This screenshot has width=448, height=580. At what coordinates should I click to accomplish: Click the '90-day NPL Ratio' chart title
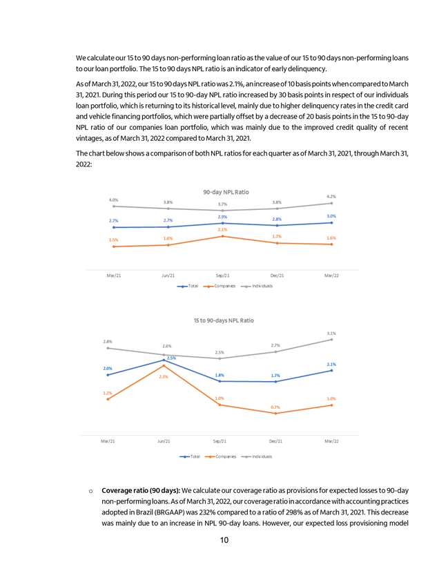[226, 191]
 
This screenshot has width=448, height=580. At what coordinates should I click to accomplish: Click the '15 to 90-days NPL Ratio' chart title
[224, 320]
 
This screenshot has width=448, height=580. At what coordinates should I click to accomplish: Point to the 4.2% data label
[332, 196]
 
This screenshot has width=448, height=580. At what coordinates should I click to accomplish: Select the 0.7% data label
[275, 407]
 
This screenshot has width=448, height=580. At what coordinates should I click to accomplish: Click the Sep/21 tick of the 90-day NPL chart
[222, 275]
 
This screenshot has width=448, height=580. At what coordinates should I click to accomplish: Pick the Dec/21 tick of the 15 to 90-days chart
[275, 441]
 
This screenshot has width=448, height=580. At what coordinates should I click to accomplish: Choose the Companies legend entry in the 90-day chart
[226, 285]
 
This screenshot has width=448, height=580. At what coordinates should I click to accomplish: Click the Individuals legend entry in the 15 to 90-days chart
[262, 456]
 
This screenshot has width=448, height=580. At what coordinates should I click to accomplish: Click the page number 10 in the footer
[224, 539]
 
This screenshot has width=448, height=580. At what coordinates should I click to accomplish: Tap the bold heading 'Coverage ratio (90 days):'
[141, 491]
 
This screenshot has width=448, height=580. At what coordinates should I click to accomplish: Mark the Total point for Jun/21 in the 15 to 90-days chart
[164, 360]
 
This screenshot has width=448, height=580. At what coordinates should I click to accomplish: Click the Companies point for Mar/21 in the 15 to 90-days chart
[108, 399]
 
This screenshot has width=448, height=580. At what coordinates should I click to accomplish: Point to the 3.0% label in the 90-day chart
[332, 216]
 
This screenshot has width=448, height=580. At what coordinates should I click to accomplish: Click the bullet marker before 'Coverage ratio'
[91, 492]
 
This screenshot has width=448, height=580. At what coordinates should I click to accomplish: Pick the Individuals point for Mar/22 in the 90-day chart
[332, 203]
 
